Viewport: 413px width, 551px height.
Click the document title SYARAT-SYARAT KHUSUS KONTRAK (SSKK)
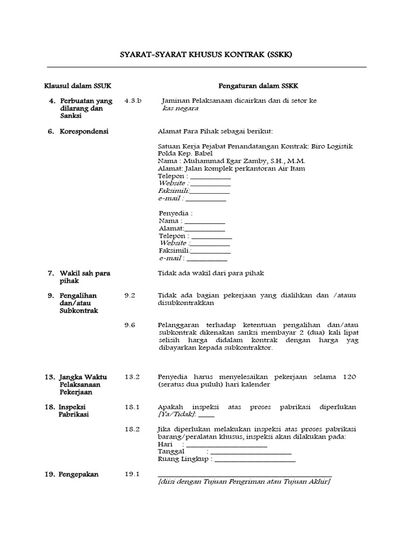(206, 55)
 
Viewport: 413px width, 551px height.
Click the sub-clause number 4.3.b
(132, 101)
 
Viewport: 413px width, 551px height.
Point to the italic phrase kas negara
(180, 108)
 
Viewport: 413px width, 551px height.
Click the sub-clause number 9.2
(130, 295)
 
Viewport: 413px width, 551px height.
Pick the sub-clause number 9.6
(130, 325)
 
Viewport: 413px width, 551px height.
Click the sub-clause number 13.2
(132, 377)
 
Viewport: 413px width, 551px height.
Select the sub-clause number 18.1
(132, 407)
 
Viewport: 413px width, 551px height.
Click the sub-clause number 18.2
(132, 429)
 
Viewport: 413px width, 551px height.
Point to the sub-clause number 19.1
(132, 474)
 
